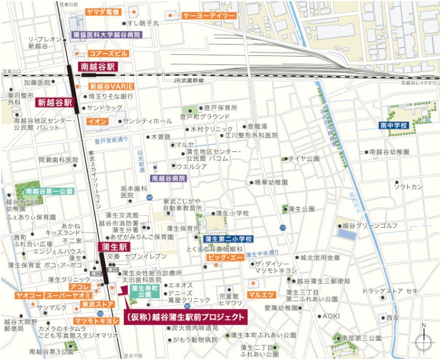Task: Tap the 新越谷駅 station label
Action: tap(55, 103)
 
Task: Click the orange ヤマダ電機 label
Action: tap(103, 12)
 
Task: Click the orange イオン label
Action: tap(98, 121)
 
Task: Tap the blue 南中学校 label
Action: tap(394, 126)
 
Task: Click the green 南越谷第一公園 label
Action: tap(49, 191)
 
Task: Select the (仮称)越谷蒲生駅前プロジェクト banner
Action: tap(184, 317)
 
